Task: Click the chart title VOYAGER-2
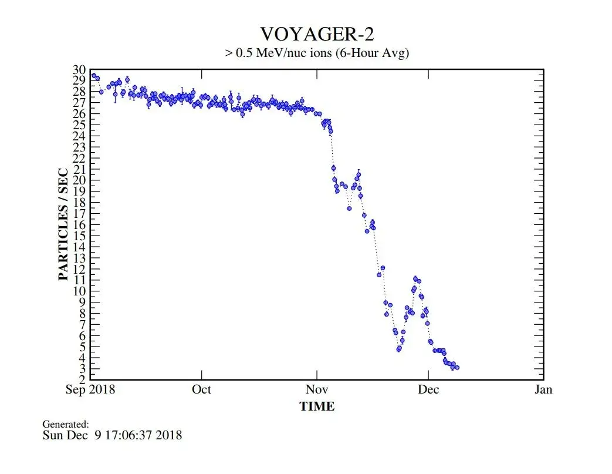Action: click(317, 33)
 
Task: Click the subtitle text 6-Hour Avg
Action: click(376, 53)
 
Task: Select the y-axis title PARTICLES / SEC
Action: click(63, 224)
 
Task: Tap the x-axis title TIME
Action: click(317, 406)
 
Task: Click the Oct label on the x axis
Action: click(202, 389)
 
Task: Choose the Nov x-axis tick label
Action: click(317, 389)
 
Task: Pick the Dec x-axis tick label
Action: click(428, 389)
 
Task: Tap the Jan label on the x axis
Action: click(543, 389)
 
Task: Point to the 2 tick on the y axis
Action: click(83, 379)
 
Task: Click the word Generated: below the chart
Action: click(66, 424)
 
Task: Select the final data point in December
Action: click(457, 368)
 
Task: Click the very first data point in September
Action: click(93, 75)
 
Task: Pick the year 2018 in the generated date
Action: click(169, 435)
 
